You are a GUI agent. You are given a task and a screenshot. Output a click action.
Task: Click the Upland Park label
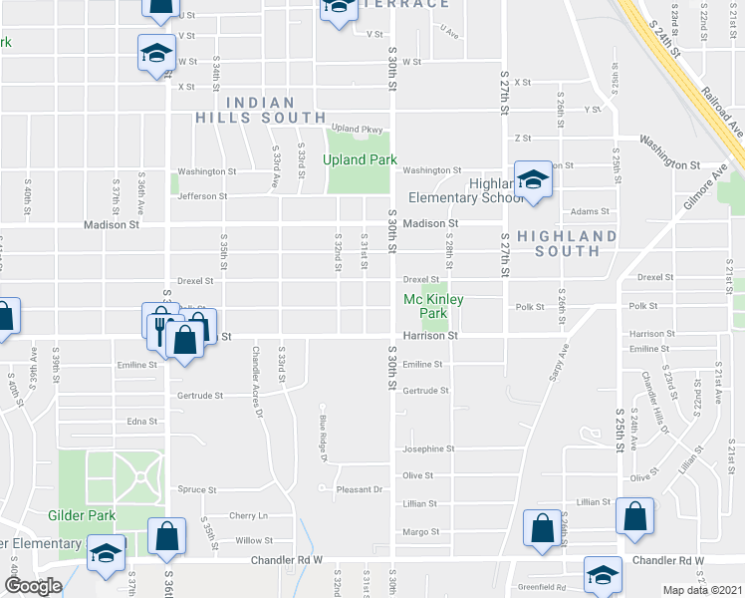click(x=359, y=159)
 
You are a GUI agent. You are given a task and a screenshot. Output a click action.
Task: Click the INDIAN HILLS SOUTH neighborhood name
click(x=260, y=110)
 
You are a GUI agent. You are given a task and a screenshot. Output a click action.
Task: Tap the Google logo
click(x=32, y=586)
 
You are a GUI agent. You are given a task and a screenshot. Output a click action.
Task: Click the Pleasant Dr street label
click(x=360, y=489)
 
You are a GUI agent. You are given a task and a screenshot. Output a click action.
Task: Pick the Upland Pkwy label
click(x=357, y=129)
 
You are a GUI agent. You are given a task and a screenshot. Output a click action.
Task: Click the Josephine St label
click(x=428, y=448)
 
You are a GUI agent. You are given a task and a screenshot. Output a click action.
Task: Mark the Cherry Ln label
click(x=249, y=515)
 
